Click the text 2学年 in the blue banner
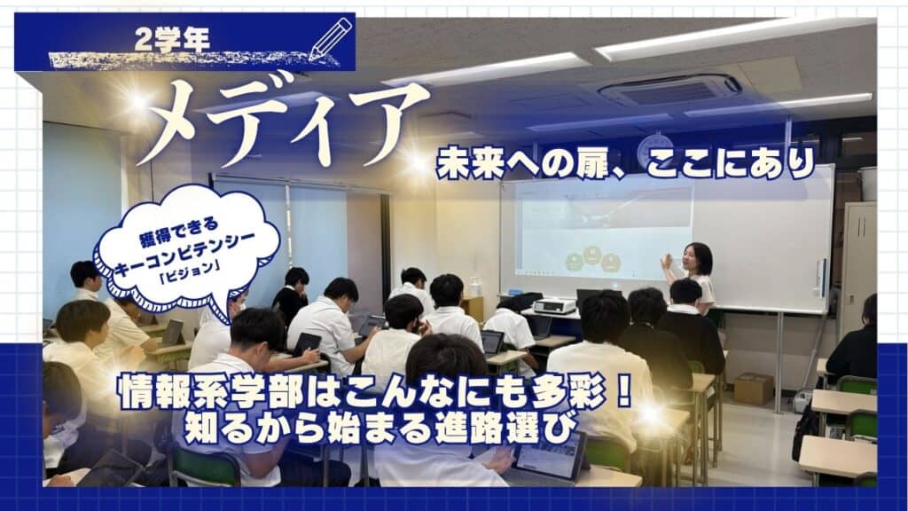point(172,39)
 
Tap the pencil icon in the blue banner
point(331,38)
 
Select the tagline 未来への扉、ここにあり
point(625,164)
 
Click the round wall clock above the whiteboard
point(654,149)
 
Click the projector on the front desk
point(554,305)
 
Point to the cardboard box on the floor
point(753,388)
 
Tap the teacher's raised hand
point(667,262)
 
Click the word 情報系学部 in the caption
point(211,393)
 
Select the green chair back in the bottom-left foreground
point(204,467)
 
